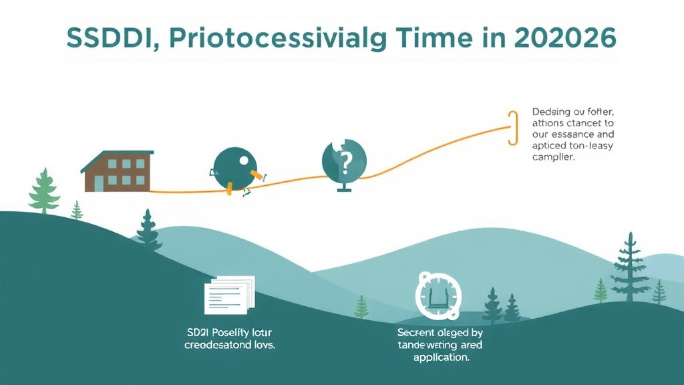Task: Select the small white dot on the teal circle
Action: point(243,160)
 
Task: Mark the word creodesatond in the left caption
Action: point(215,345)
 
